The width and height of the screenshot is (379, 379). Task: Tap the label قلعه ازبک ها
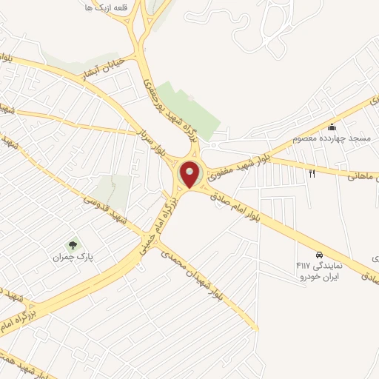pyautogui.click(x=104, y=7)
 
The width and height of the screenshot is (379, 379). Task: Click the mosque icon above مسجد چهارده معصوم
pyautogui.click(x=332, y=127)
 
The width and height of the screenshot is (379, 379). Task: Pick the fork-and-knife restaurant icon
pyautogui.click(x=312, y=173)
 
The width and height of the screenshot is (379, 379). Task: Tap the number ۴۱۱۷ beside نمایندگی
pyautogui.click(x=303, y=265)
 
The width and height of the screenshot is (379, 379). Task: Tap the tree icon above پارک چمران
pyautogui.click(x=73, y=244)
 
